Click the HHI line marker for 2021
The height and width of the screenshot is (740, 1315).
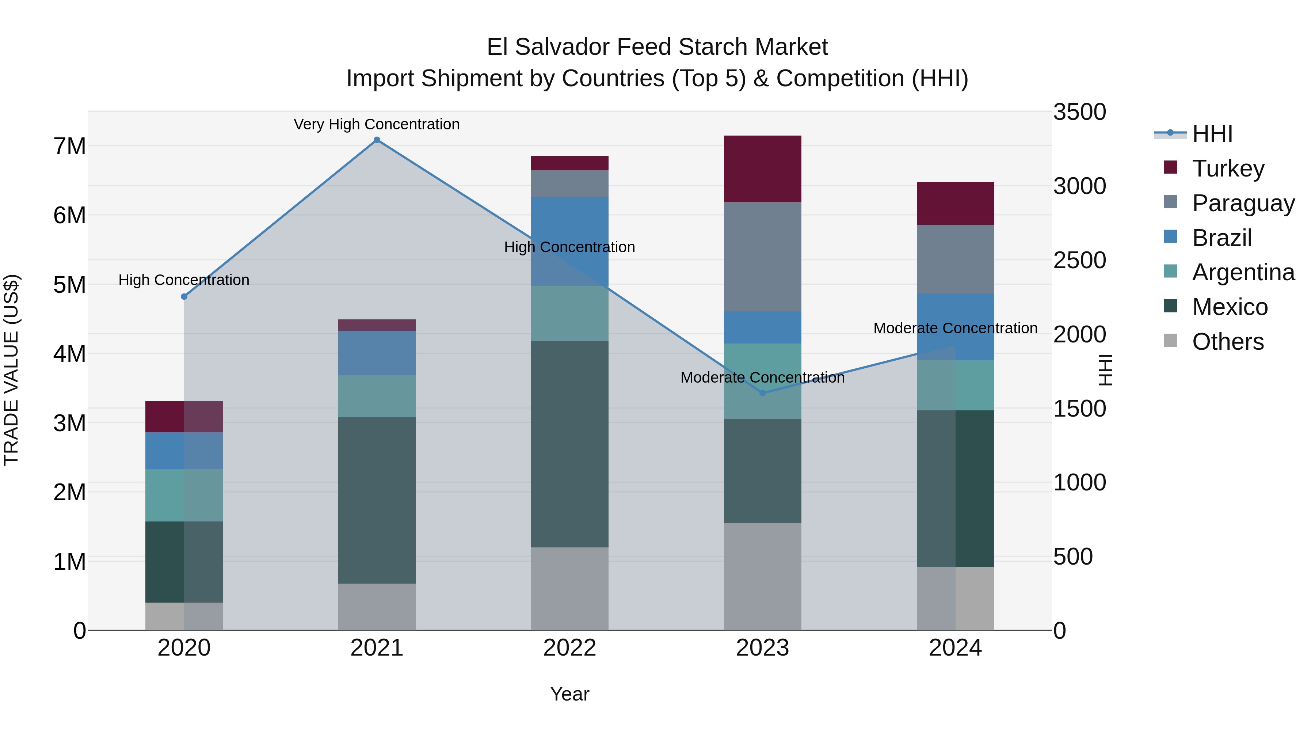(377, 140)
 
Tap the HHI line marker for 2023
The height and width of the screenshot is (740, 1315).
(763, 393)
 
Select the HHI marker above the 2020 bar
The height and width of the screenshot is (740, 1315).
(184, 297)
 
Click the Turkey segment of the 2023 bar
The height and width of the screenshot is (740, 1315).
(763, 169)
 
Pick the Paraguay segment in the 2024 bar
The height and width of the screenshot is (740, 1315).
(955, 259)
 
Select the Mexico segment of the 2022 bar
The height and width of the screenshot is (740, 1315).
(570, 444)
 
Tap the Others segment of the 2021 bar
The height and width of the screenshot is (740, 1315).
(377, 607)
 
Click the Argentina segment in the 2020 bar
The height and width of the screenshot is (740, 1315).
(184, 496)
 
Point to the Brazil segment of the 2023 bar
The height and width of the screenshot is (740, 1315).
(763, 327)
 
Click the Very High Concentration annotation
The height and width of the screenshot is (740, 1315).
(377, 125)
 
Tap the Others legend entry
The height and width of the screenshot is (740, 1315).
(1228, 342)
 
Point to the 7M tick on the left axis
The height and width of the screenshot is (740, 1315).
(69, 147)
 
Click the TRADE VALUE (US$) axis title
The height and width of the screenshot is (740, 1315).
(11, 370)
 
